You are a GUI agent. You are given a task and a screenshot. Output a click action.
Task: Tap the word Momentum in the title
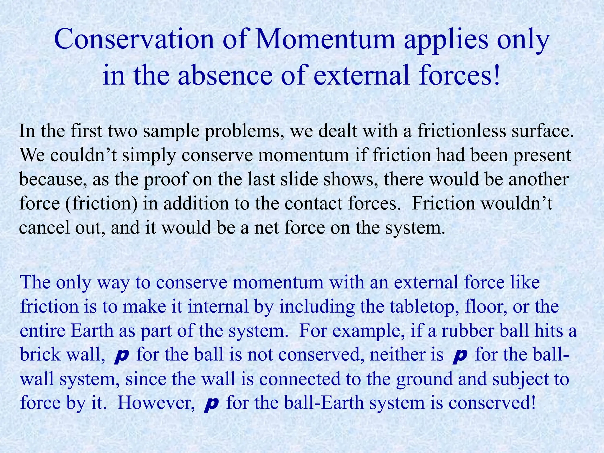[x=325, y=40]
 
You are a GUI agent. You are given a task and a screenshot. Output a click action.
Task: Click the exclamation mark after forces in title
[x=497, y=75]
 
